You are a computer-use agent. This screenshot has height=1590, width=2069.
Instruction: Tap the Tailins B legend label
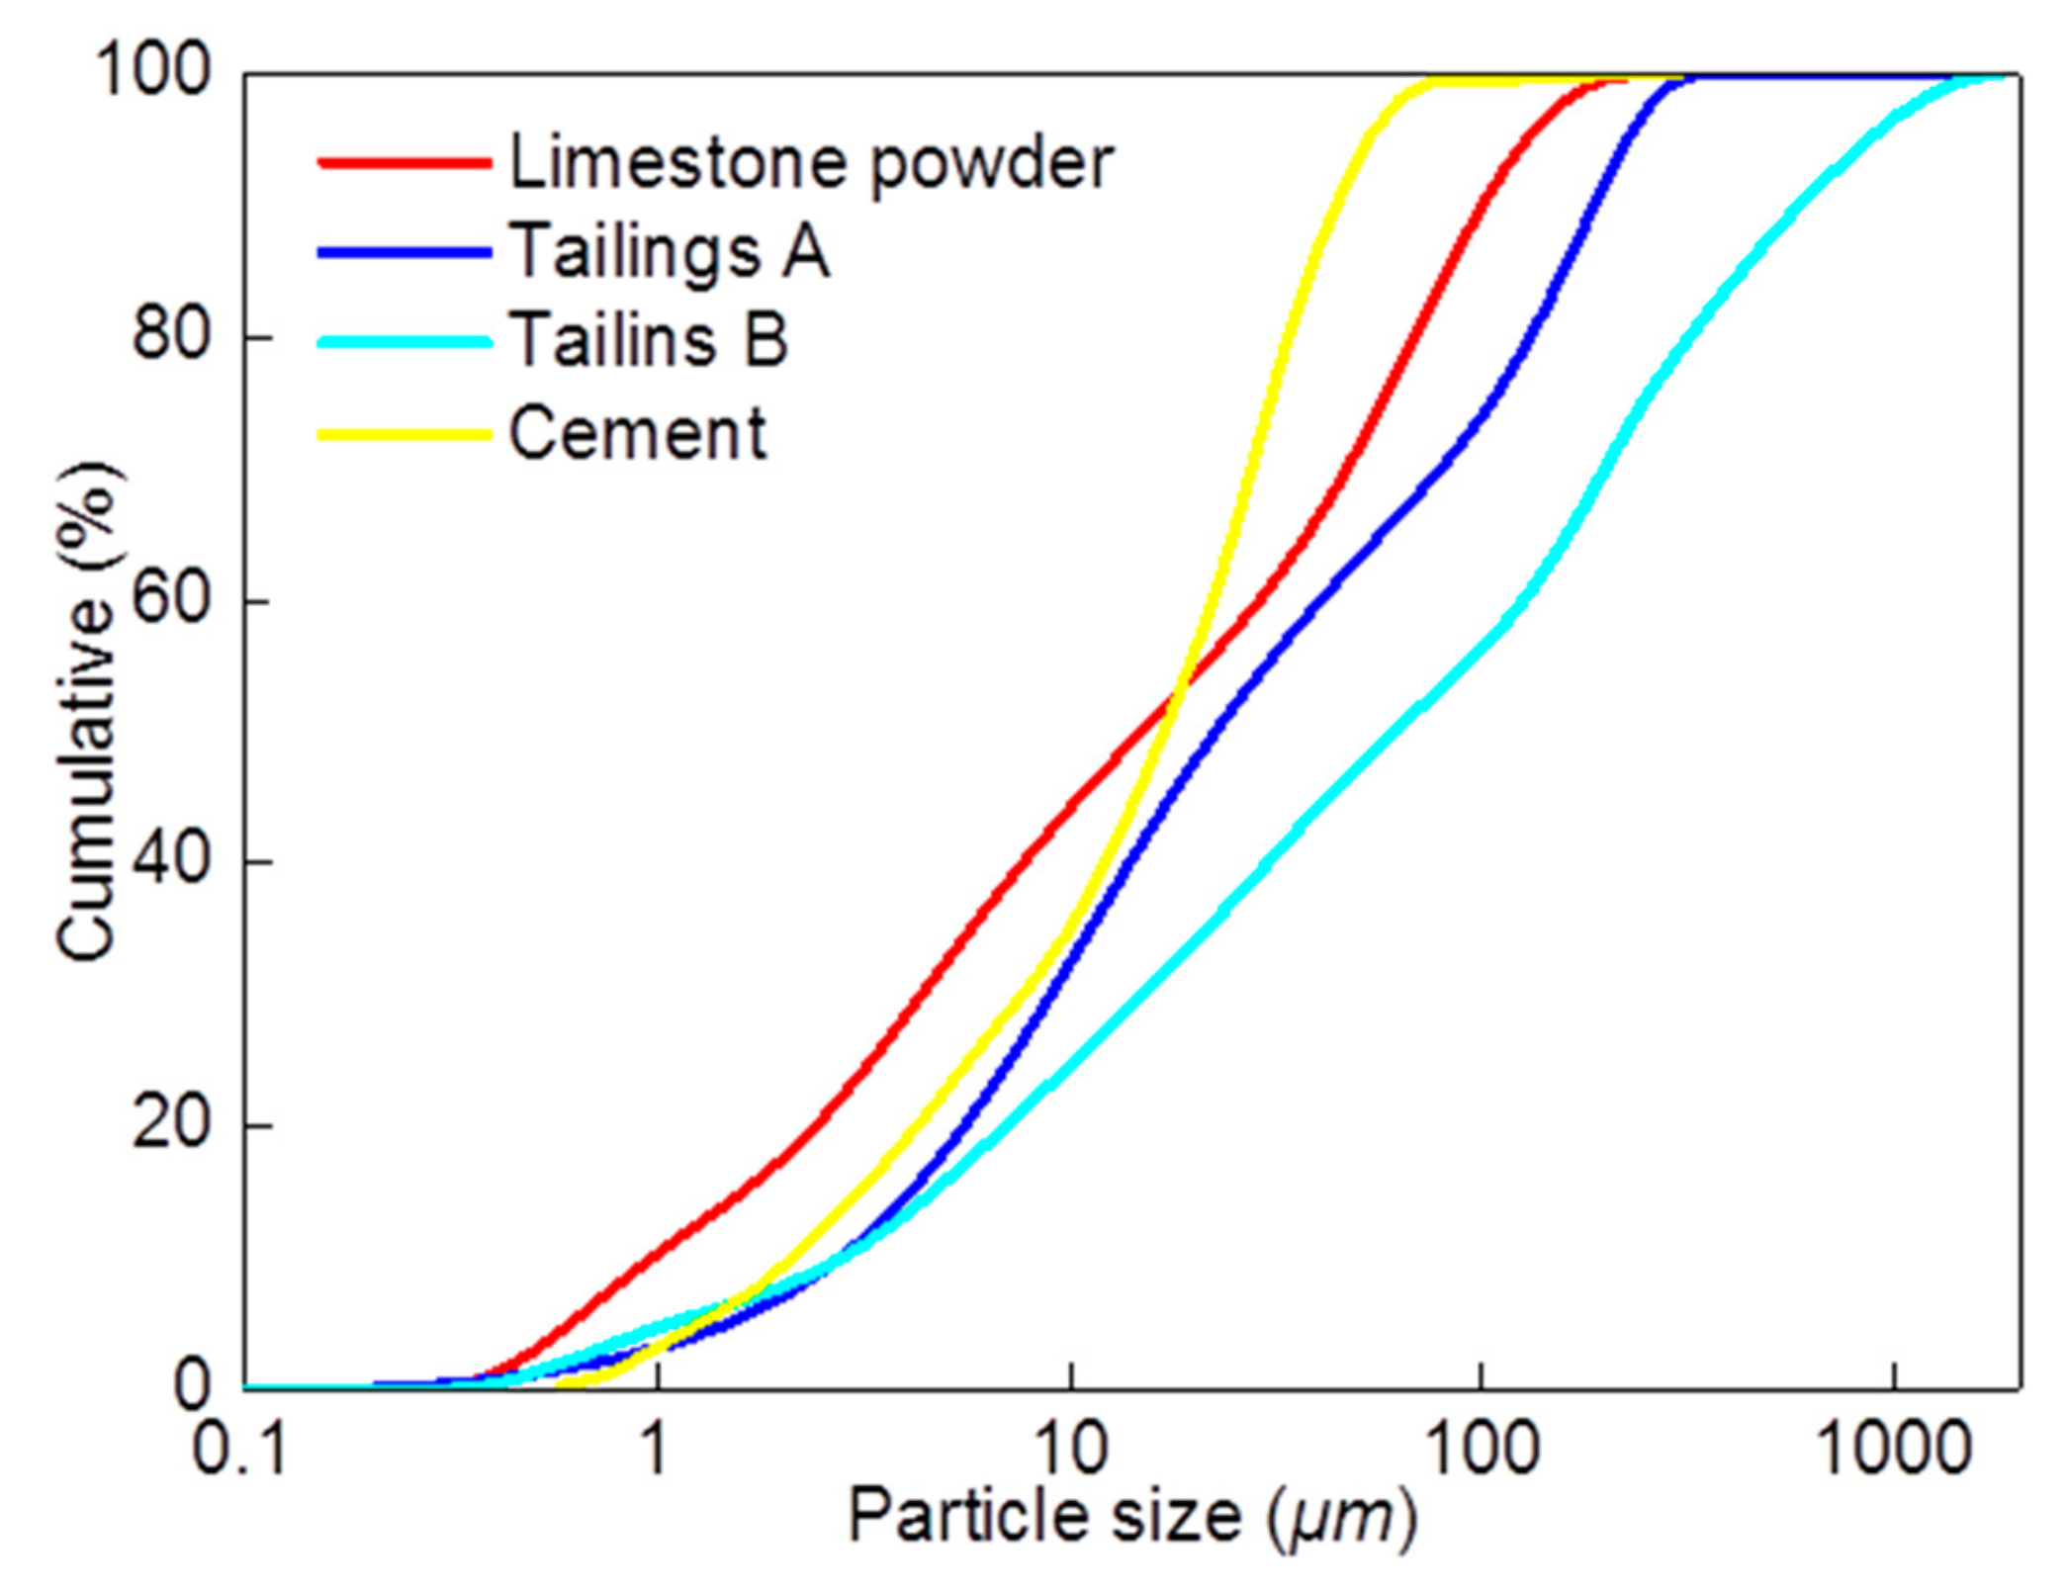point(649,341)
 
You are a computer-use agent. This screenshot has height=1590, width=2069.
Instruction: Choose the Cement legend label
point(638,433)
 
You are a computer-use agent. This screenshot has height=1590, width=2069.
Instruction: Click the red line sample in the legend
point(405,163)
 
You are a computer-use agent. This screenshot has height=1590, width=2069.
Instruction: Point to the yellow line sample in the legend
point(405,434)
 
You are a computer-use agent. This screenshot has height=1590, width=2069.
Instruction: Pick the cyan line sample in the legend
point(405,342)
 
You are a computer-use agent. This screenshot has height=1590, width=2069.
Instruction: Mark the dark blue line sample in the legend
point(405,253)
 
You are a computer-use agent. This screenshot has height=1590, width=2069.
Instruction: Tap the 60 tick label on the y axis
point(172,599)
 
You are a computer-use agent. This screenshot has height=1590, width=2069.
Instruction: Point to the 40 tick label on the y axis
point(172,861)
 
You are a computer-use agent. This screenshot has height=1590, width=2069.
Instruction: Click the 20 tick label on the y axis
point(172,1124)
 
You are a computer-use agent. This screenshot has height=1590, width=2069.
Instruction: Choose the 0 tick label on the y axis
point(192,1386)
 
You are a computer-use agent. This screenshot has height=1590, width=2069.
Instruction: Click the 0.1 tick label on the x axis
point(239,1452)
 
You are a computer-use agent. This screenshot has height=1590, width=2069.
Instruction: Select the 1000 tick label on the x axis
point(1894,1452)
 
